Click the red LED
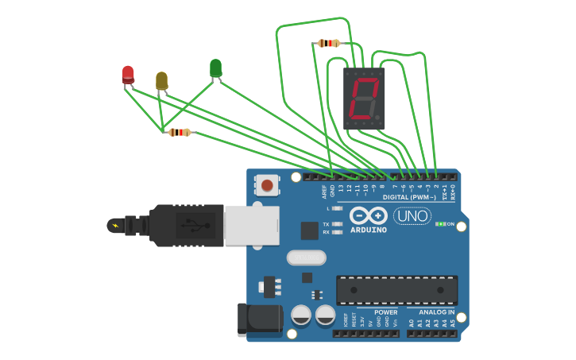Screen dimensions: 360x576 128,74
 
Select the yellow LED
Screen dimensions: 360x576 161,80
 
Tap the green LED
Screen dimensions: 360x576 215,68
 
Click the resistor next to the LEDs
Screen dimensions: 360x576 180,132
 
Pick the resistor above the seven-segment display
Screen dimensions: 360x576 328,43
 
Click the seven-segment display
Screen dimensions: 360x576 364,98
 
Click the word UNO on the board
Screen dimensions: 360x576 412,215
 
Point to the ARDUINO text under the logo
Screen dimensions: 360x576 368,230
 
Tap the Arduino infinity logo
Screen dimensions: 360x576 368,215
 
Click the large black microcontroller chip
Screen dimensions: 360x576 396,290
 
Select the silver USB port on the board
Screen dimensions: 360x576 251,225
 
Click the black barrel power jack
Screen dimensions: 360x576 260,319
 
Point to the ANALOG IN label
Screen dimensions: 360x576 436,312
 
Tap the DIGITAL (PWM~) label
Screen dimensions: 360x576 408,197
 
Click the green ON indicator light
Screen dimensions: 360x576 440,224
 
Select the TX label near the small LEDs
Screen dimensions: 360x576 326,224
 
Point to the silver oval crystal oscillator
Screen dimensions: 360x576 306,257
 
